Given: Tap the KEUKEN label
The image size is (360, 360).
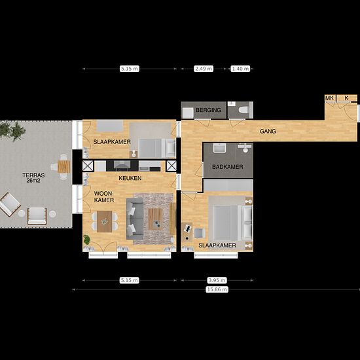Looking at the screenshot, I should tap(130, 178).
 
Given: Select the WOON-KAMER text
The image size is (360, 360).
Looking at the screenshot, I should tap(105, 197).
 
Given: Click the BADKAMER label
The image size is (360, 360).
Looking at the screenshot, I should tap(227, 168).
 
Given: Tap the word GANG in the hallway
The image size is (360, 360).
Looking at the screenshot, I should tap(267, 132).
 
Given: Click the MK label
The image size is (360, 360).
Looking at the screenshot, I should tap(330, 98).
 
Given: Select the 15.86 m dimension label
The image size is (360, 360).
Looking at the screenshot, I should tap(216, 289).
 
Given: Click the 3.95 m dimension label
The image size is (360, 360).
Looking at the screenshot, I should tap(217, 279).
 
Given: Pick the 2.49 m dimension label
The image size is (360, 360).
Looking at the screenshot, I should tap(204, 68).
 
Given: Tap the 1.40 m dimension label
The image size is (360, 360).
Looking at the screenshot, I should tap(240, 68).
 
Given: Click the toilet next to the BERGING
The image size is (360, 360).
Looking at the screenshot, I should tap(242, 111).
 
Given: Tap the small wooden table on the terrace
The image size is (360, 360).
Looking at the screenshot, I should tap(63, 166).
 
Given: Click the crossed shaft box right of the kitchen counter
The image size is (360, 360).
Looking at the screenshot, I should tap(171, 166).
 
